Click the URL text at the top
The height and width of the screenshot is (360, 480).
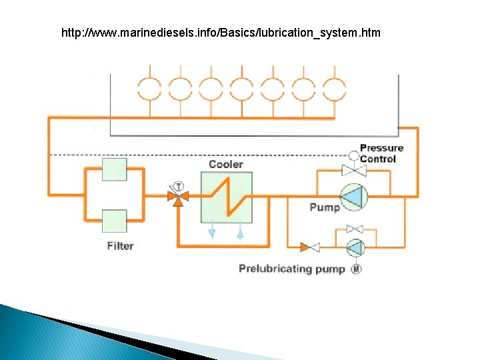click(221, 32)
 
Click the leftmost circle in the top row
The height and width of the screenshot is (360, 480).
click(149, 87)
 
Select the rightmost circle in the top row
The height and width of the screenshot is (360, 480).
click(335, 87)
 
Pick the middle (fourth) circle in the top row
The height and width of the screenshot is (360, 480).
click(241, 87)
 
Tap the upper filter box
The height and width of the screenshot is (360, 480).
click(114, 169)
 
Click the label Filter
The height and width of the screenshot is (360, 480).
click(120, 246)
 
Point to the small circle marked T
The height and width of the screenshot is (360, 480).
click(178, 186)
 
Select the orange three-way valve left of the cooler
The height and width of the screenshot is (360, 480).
click(178, 197)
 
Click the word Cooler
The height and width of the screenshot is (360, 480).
click(226, 164)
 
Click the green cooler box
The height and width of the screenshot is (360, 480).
click(226, 197)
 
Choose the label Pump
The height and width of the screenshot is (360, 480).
click(325, 207)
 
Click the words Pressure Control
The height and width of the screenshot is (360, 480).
click(381, 153)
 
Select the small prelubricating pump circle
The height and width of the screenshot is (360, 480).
click(355, 247)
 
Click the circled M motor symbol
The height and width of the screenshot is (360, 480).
click(356, 269)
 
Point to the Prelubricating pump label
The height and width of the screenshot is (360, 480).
click(292, 269)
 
